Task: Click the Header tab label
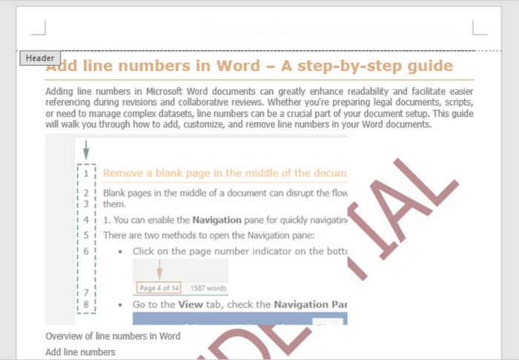(x=39, y=58)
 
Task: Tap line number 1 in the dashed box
(x=87, y=173)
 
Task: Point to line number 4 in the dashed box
(x=87, y=220)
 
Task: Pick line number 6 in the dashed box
(x=87, y=251)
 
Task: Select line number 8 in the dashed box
(x=87, y=304)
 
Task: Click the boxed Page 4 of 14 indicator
(x=159, y=288)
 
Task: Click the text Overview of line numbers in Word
(x=113, y=336)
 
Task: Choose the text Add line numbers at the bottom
(x=80, y=352)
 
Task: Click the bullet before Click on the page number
(x=120, y=251)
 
